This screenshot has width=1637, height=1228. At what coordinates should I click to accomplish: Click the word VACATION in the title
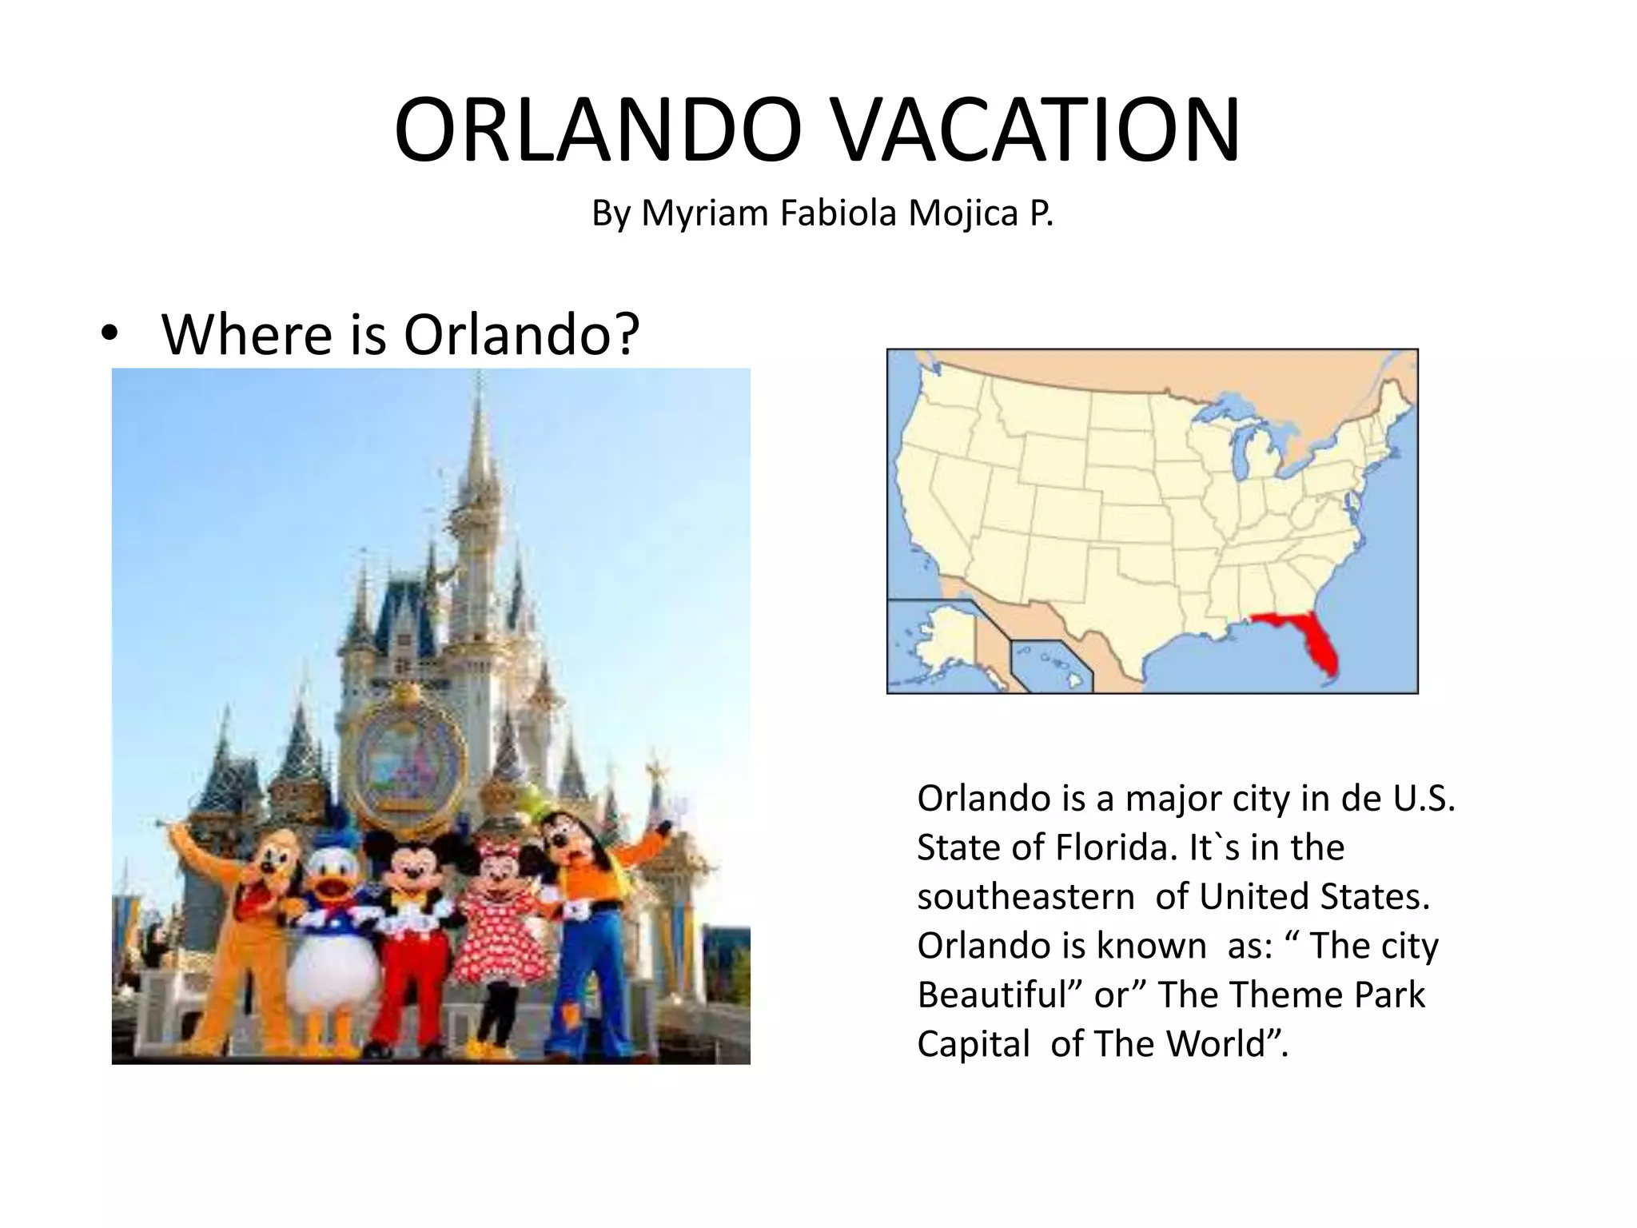[1037, 130]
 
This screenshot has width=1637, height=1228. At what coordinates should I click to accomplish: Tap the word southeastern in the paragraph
[1026, 897]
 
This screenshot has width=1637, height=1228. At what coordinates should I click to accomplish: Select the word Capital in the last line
[974, 1044]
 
